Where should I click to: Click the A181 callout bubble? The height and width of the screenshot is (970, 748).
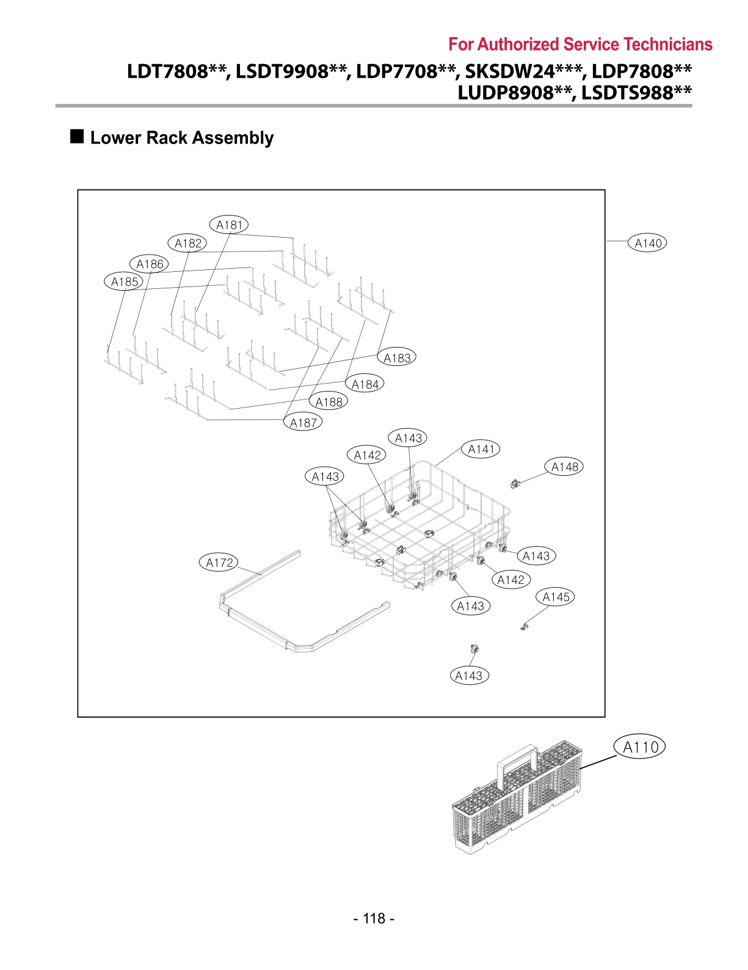(229, 225)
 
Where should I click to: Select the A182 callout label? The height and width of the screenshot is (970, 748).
(187, 243)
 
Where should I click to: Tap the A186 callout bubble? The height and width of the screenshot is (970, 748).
(149, 264)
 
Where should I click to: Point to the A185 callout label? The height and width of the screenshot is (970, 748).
(124, 282)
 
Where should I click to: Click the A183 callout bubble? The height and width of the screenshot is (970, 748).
(397, 358)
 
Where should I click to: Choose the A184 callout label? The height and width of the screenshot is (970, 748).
(365, 384)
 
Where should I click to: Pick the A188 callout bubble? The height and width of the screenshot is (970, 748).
(329, 402)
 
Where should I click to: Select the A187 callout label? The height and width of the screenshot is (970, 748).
(303, 422)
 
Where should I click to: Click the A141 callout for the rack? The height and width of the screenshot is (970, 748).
(481, 449)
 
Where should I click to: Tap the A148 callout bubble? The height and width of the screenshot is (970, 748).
(564, 467)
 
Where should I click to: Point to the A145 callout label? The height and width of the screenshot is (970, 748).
(556, 597)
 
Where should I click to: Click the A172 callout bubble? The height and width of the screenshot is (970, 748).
(219, 563)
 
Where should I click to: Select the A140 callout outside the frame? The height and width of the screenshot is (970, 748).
(648, 243)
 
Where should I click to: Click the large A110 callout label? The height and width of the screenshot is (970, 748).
(640, 746)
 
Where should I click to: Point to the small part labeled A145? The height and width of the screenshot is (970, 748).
(523, 627)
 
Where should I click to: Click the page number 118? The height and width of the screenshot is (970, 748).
(374, 918)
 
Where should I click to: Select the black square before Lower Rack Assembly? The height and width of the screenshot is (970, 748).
(77, 136)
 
